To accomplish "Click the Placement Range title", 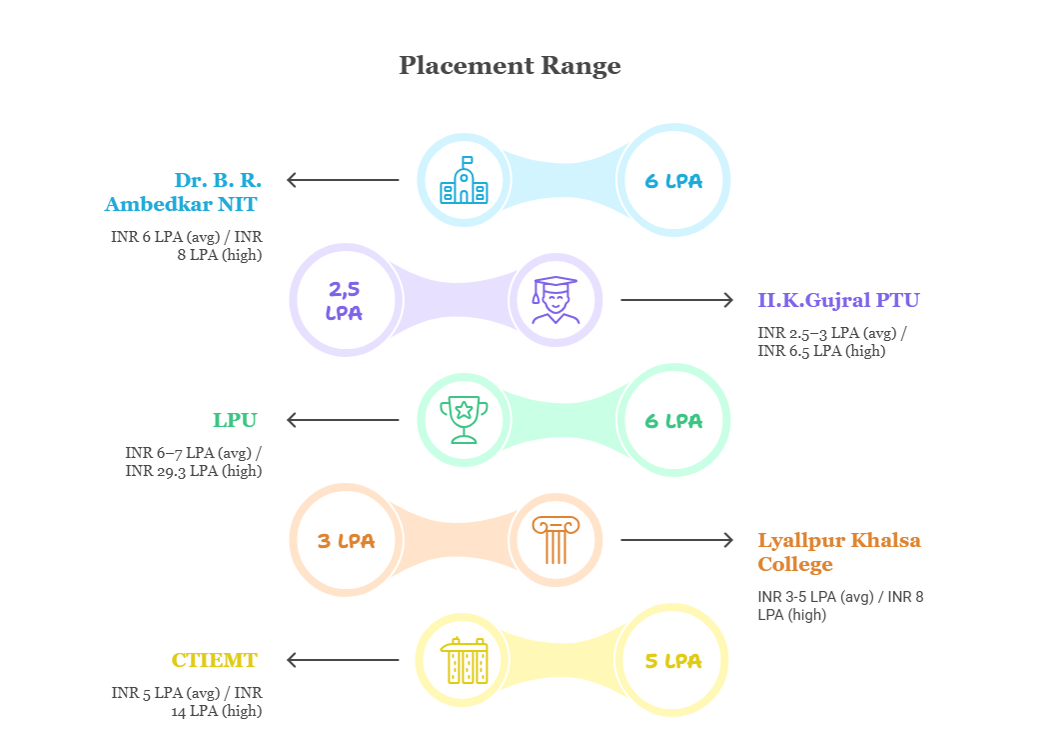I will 510,66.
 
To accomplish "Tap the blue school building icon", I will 464,180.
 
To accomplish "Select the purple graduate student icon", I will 554,300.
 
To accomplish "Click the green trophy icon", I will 464,420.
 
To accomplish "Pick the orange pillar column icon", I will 554,540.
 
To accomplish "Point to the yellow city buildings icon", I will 464,660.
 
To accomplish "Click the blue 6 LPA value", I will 672,181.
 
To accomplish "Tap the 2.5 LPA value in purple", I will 345,300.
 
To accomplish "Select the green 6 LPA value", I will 672,421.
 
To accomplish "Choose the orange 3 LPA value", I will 345,541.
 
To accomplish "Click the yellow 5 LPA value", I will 672,661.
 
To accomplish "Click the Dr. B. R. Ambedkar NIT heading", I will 183,192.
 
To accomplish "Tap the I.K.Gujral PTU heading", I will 838,300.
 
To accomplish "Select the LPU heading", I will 235,420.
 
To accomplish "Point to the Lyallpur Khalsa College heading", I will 839,552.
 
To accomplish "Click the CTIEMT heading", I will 214,660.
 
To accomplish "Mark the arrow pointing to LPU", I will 342,420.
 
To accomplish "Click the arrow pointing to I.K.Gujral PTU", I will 676,300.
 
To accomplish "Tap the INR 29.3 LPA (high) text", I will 194,470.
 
